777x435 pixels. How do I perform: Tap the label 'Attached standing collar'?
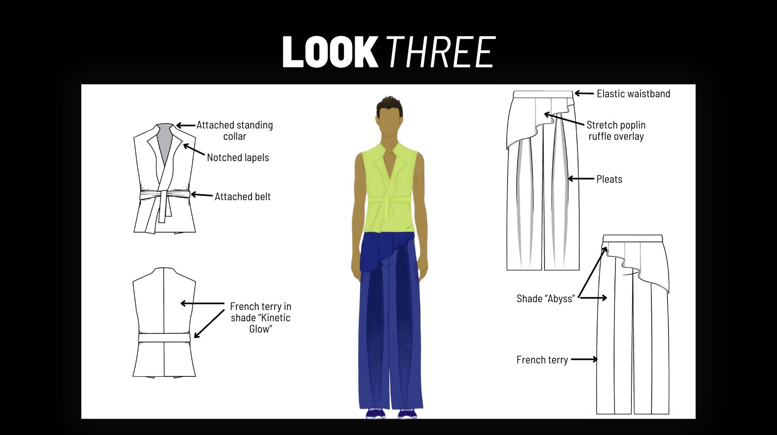click(x=235, y=131)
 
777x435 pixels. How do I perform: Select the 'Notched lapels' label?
click(x=238, y=158)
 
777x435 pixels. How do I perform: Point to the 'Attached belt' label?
click(x=242, y=197)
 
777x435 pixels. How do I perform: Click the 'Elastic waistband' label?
click(x=633, y=94)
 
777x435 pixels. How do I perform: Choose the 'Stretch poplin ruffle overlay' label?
click(x=616, y=131)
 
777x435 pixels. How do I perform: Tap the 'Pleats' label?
click(x=609, y=179)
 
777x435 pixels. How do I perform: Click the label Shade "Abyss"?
click(x=545, y=299)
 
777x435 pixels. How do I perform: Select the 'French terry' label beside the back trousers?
click(x=542, y=360)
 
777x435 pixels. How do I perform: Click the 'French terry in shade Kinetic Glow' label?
click(x=260, y=318)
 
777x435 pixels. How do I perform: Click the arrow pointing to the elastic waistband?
click(x=584, y=93)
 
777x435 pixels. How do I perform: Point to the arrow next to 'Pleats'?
click(x=581, y=178)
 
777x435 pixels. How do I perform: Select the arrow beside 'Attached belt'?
click(x=202, y=195)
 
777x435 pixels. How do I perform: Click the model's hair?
click(x=389, y=105)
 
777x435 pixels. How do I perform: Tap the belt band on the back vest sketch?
click(x=164, y=337)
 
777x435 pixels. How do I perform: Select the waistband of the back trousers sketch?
click(x=632, y=238)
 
